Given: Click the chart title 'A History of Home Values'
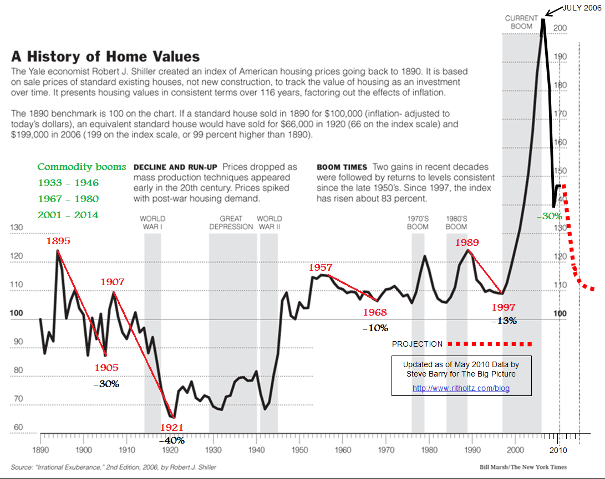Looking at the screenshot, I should pyautogui.click(x=106, y=56).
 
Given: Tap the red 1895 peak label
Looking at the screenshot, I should pyautogui.click(x=58, y=241).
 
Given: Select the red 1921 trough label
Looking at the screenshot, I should pyautogui.click(x=172, y=428).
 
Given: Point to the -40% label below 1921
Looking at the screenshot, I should pyautogui.click(x=172, y=441).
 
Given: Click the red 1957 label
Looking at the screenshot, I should pyautogui.click(x=321, y=268).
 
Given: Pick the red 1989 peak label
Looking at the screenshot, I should pyautogui.click(x=467, y=242).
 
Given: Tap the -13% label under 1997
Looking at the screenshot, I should pyautogui.click(x=504, y=321).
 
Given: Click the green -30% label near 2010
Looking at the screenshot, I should pyautogui.click(x=550, y=216).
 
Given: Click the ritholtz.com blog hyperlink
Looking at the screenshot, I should pyautogui.click(x=461, y=388).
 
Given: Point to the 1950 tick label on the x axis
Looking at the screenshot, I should pyautogui.click(x=299, y=450).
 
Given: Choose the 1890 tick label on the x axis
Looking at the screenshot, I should pyautogui.click(x=40, y=450).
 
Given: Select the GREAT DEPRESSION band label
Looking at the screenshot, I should pyautogui.click(x=231, y=223).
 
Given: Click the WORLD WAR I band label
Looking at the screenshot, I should pyautogui.click(x=152, y=223).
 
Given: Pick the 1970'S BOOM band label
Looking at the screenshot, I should pyautogui.click(x=418, y=223).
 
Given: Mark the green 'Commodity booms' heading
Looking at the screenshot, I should pyautogui.click(x=82, y=167).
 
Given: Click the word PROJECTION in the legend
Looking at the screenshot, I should pyautogui.click(x=417, y=344).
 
